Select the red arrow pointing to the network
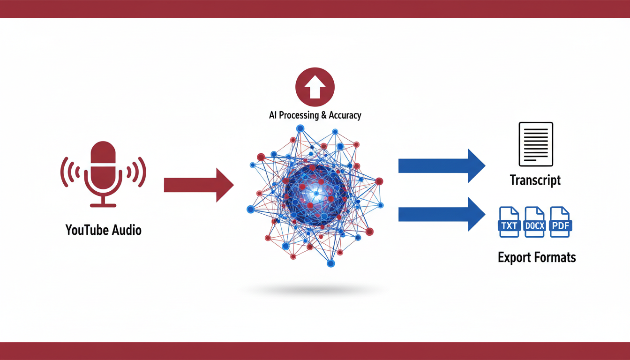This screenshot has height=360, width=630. pos(199,185)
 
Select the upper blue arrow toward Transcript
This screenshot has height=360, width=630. pos(441,165)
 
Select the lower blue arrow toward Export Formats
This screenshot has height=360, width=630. pos(441,214)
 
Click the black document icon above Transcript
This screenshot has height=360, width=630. pos(535,144)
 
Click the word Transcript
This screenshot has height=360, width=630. pos(535,180)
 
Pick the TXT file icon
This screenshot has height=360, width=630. pos(509,222)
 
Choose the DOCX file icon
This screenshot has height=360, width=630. pos(535,222)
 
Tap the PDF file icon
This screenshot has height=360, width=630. pos(560,222)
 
